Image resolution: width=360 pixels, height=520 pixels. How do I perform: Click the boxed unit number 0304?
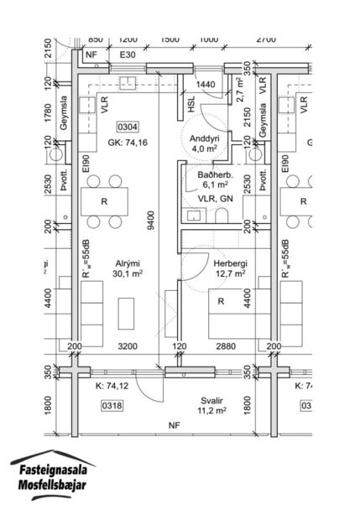128,128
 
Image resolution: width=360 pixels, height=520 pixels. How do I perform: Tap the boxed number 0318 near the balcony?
112,406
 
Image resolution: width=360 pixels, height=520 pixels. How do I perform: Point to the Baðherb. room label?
214,178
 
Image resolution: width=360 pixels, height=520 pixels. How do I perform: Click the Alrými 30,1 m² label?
128,267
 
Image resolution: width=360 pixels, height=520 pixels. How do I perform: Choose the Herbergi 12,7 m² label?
227,267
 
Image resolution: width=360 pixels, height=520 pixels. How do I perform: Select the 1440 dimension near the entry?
206,85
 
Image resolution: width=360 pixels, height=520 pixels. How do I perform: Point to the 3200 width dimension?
128,346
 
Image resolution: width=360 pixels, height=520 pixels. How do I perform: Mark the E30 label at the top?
128,55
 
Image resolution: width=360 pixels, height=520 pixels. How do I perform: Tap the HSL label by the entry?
193,104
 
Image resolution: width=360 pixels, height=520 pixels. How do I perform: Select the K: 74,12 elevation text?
112,386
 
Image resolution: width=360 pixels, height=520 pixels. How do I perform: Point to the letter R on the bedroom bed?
221,300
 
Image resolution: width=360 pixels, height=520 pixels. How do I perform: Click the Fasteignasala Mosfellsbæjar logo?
52,476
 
